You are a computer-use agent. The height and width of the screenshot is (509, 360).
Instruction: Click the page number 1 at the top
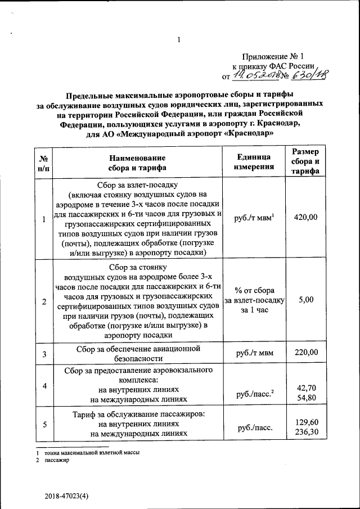tap(178, 39)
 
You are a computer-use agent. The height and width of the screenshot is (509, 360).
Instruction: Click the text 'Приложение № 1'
tap(273, 56)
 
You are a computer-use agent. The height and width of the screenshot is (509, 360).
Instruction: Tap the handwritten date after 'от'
tap(254, 76)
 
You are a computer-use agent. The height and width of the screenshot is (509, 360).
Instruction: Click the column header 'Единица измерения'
tap(255, 161)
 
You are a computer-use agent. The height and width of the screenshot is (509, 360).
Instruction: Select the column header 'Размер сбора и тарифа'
tap(306, 161)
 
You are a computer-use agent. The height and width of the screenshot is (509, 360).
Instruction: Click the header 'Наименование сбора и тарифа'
tap(137, 162)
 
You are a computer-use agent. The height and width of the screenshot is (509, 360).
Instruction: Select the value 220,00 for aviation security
tap(306, 353)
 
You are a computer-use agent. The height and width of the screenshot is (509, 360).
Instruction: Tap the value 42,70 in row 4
tap(306, 388)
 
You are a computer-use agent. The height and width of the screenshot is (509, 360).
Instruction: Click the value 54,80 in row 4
tap(306, 398)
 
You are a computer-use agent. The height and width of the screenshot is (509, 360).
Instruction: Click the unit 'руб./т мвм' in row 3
tap(255, 354)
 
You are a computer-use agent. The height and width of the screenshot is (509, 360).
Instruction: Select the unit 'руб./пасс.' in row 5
tap(255, 428)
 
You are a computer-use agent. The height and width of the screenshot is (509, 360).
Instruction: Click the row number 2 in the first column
tap(44, 301)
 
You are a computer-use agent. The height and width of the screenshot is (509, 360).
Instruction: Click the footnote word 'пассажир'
tap(57, 460)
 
